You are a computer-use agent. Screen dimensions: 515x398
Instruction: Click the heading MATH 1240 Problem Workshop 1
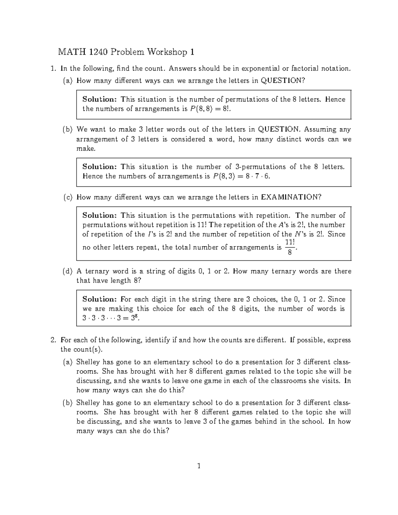126,52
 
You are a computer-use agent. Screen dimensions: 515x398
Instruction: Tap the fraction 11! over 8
290,247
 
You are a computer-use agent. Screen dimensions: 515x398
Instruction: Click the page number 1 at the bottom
199,466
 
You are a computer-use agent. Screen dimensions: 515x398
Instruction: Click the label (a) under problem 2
68,362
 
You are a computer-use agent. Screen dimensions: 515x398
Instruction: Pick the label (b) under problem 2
68,403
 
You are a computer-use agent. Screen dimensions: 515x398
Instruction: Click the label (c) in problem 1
68,197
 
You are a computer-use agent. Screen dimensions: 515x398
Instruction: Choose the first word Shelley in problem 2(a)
88,362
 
